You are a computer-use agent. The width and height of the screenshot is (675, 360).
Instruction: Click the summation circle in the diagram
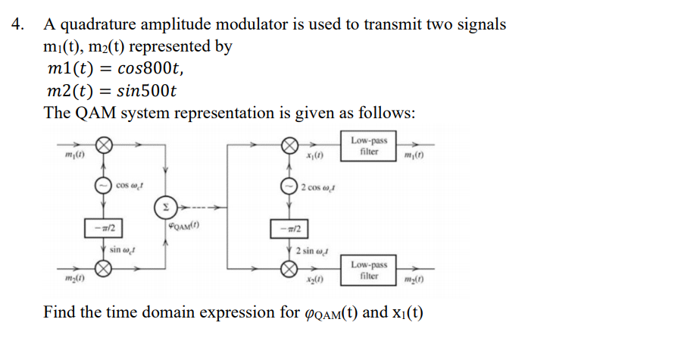165,207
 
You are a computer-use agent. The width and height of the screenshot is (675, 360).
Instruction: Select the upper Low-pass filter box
368,146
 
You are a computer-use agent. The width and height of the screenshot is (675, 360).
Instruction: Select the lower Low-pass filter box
368,270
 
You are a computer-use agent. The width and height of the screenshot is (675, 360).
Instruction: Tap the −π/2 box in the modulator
103,228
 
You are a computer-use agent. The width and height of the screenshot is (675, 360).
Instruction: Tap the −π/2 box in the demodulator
289,229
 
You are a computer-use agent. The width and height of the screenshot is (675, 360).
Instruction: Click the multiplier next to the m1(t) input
103,145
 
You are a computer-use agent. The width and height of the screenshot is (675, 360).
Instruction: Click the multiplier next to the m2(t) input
103,269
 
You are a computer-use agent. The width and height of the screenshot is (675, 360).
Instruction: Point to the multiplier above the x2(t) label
289,269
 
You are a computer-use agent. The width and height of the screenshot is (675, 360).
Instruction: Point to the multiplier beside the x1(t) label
289,146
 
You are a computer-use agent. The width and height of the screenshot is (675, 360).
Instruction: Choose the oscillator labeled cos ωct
103,186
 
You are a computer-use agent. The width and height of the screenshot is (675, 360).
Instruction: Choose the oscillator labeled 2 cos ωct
289,186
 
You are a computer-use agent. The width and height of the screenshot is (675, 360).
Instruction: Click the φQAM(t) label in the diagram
184,225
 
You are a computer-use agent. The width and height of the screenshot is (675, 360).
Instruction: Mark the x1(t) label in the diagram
314,155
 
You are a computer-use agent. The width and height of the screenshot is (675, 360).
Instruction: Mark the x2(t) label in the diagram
315,280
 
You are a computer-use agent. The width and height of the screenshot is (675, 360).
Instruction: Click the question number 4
17,24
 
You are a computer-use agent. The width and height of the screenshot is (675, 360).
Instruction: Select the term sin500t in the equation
146,91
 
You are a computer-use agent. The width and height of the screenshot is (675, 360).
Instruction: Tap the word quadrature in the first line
98,24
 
